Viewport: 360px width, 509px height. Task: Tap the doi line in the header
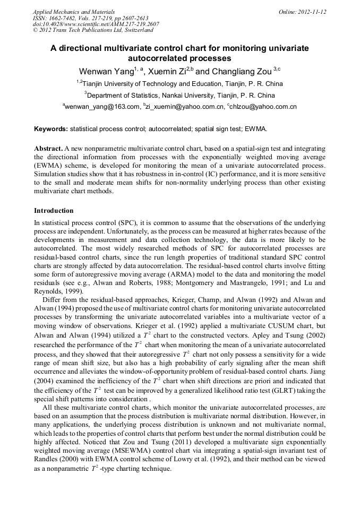pos(96,24)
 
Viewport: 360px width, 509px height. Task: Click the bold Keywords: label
pos(51,129)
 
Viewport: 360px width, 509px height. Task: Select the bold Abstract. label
pos(48,149)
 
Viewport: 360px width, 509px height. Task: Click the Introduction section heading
pos(54,211)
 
